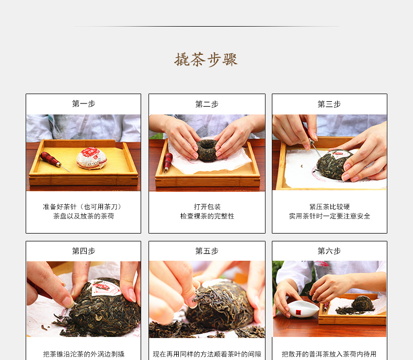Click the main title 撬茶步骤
click(206, 60)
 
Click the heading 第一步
click(84, 103)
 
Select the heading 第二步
click(207, 104)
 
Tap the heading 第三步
click(329, 104)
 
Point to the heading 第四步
click(84, 251)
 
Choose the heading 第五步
click(207, 251)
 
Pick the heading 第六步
click(329, 251)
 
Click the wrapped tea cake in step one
click(91, 158)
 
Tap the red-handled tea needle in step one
click(54, 161)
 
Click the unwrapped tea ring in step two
click(207, 150)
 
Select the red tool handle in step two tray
click(167, 162)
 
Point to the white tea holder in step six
click(303, 309)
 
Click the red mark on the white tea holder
click(299, 312)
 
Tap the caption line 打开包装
click(207, 207)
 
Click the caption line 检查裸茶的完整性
click(207, 216)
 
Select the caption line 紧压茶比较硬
click(329, 207)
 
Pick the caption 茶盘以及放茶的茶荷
click(84, 216)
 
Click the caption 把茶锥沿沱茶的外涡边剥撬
click(84, 354)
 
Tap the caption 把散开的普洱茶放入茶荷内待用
click(329, 354)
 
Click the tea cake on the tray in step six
click(363, 304)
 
